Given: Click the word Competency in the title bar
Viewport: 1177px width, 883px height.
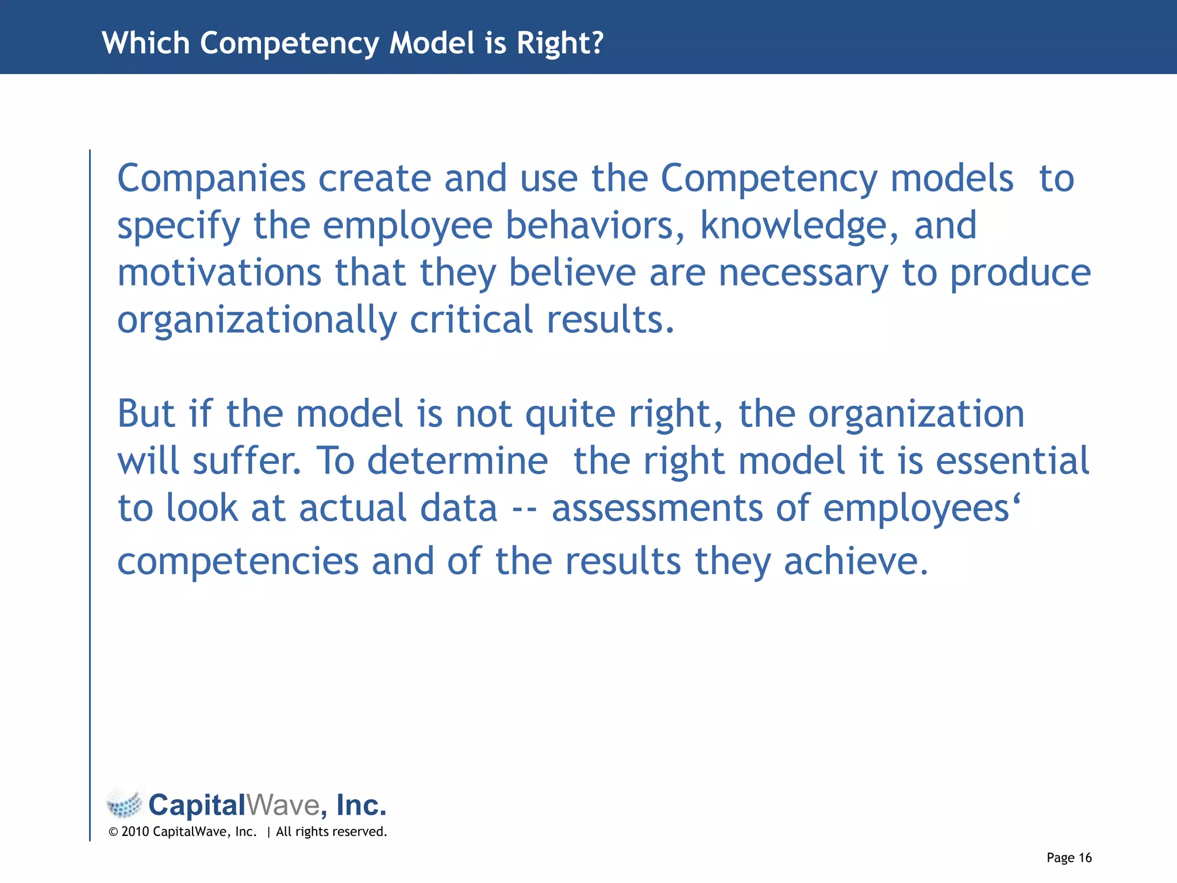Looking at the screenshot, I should (x=289, y=44).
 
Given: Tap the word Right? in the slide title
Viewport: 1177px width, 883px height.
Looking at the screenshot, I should (x=560, y=44).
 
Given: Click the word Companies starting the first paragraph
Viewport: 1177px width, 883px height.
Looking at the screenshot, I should (x=211, y=179).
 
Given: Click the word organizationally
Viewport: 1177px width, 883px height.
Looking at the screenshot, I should (x=257, y=320).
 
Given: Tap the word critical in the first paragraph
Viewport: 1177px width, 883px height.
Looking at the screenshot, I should (x=471, y=320).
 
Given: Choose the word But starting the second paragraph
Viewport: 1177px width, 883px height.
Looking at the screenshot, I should (x=146, y=414).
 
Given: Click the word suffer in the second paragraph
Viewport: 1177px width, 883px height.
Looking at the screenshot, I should (x=247, y=461).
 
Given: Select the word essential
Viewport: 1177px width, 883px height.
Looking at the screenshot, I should (x=1012, y=461).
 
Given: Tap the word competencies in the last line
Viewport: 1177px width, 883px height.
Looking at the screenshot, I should (x=238, y=562).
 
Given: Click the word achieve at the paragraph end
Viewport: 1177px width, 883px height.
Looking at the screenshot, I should (x=856, y=562).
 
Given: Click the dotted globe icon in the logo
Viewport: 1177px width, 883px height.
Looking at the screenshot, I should (x=124, y=804).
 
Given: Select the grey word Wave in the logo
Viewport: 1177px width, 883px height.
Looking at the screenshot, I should (x=283, y=805).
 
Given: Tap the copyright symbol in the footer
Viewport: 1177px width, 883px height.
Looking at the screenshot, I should (x=113, y=832).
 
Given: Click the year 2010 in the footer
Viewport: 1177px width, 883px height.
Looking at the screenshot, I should (x=135, y=832).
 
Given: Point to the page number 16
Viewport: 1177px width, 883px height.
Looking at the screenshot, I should (x=1085, y=858).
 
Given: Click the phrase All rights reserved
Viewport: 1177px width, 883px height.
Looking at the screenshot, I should (x=332, y=832).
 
